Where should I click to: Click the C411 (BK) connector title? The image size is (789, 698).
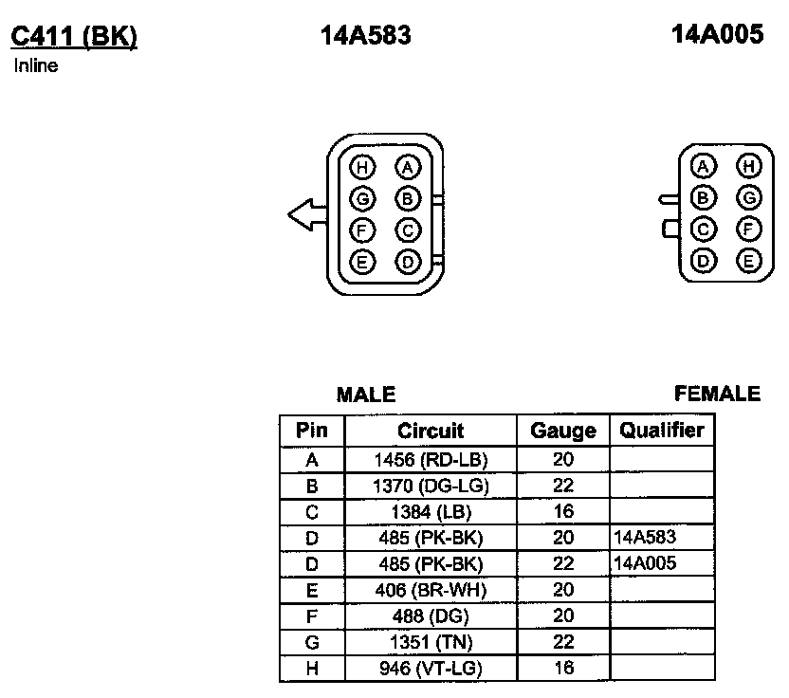pos(74,37)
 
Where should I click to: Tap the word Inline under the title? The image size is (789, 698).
pos(36,65)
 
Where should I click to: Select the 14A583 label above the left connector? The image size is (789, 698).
pos(366,35)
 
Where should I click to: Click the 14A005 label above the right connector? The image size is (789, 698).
pos(717,34)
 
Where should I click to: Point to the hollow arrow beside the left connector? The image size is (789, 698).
pos(307,215)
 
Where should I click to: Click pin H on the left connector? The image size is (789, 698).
pos(362,168)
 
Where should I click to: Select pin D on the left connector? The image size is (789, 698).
pos(408,262)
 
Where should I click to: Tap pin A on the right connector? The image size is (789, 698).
pos(704,167)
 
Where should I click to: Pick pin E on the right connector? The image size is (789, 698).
pos(749,261)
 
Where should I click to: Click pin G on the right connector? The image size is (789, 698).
pos(749,198)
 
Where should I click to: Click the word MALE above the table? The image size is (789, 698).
pos(366,394)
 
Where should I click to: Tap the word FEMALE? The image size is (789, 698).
pos(717,394)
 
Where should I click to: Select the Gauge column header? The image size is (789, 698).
pos(563,431)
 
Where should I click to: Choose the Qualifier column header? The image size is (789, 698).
pos(662,431)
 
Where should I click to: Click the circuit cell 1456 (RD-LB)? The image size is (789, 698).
pos(431,459)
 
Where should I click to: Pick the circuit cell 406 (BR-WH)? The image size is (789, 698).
pos(431,590)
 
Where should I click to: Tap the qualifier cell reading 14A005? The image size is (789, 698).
pos(645,563)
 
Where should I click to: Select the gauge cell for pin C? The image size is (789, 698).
pos(563,511)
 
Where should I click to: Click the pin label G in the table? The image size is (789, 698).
pos(312,643)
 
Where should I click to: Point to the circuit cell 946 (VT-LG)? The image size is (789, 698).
pos(431,669)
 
